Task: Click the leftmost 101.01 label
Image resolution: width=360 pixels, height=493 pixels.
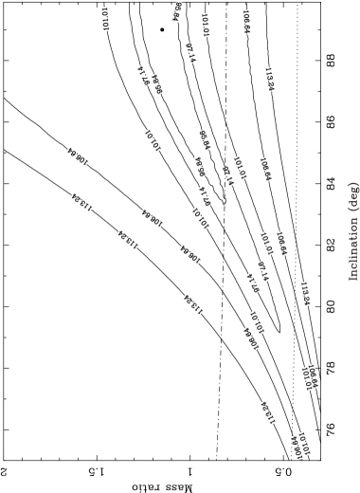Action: pos(104,19)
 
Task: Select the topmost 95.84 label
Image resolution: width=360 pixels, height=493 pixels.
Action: pos(177,11)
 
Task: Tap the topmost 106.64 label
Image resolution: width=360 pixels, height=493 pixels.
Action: pos(246,22)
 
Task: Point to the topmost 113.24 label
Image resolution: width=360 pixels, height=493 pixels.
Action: pos(269,80)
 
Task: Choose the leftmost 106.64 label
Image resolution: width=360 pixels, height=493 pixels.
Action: pos(78,156)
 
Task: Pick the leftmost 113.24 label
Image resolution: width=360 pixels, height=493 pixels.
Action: pos(81,202)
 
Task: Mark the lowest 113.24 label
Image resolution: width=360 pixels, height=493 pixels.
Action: pos(268,412)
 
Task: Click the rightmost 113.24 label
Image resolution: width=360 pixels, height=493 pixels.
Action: pos(305,294)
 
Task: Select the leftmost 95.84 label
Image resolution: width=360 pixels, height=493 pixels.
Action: pos(157,84)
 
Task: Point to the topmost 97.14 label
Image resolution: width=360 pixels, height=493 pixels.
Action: pos(190,52)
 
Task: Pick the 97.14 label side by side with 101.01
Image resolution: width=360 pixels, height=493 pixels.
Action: pos(227,175)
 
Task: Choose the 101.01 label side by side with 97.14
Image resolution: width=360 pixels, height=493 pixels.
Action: pos(240,169)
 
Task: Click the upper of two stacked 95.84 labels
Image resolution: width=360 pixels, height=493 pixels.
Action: pos(204,140)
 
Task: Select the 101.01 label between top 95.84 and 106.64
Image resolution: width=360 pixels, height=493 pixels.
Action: pos(205,25)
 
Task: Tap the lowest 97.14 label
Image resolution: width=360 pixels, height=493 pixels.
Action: pos(253,283)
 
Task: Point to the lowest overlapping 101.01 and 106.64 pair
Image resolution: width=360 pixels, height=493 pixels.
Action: pos(300,445)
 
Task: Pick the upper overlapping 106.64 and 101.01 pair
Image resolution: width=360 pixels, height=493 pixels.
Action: pos(309,377)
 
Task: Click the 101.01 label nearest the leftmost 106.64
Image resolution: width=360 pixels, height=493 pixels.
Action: pos(152,140)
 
